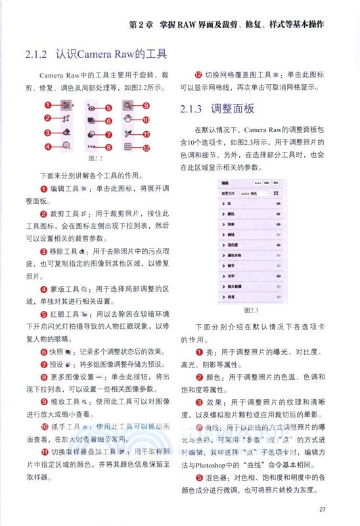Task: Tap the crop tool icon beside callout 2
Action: coord(65,119)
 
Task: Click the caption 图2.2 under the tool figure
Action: coord(83,158)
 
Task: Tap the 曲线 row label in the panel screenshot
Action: coord(231,233)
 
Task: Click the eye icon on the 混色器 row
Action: coord(279,244)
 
